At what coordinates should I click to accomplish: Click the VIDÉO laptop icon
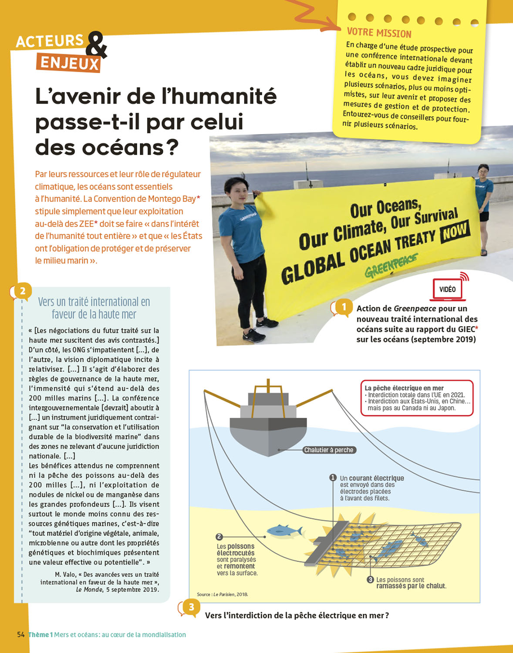click(x=448, y=289)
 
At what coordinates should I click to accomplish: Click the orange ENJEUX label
click(x=69, y=64)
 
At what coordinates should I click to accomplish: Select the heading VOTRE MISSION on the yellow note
click(x=379, y=33)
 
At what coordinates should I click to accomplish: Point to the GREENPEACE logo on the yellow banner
click(x=391, y=266)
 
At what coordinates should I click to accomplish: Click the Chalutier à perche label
click(x=329, y=450)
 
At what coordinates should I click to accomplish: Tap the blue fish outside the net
click(x=284, y=530)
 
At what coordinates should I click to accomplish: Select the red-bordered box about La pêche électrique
click(x=417, y=398)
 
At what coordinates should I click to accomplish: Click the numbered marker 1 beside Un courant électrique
click(x=333, y=478)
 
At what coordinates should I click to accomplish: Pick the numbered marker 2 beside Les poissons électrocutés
click(x=219, y=537)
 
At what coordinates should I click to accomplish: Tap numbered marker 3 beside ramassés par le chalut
click(x=371, y=579)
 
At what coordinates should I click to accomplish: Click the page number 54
click(x=21, y=634)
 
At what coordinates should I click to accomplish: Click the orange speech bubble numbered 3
click(x=190, y=607)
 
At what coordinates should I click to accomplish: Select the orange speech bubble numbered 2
click(x=22, y=291)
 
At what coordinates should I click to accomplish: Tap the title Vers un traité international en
click(x=94, y=302)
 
